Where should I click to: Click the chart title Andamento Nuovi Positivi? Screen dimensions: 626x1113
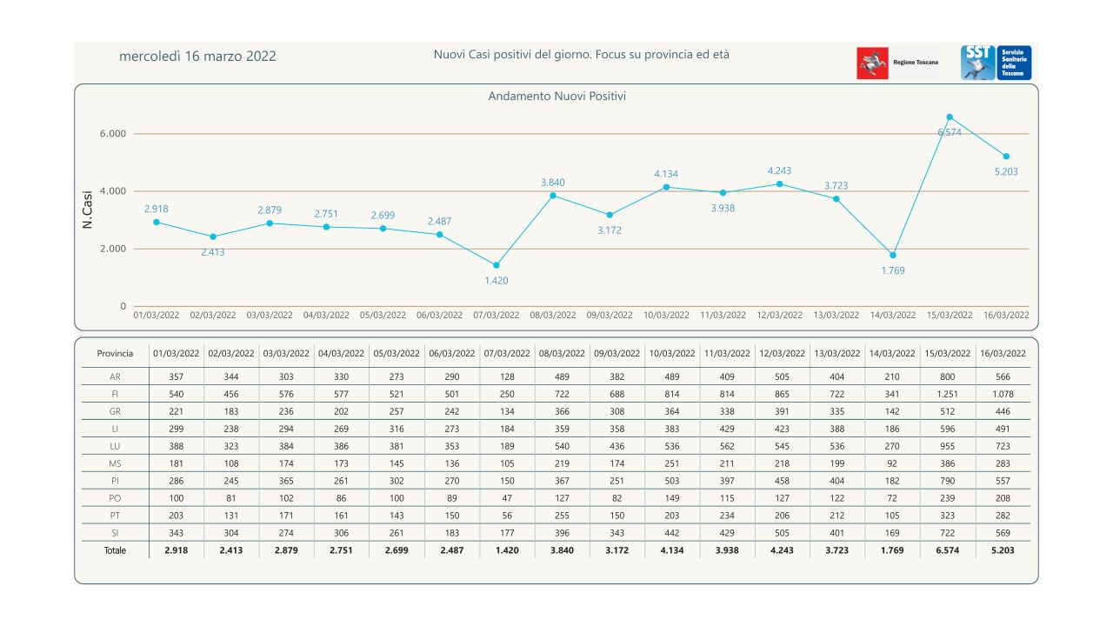(556, 97)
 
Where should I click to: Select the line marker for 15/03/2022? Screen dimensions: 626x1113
(950, 117)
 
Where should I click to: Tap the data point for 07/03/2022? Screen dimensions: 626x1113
(497, 265)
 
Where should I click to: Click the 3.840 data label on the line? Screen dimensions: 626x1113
(553, 183)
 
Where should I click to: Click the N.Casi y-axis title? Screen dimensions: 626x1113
(88, 210)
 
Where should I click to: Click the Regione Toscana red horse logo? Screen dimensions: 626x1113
(872, 63)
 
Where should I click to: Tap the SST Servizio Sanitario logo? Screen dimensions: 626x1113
(996, 63)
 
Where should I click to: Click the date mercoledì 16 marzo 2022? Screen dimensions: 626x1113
(197, 57)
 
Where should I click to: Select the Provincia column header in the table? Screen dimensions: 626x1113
(115, 354)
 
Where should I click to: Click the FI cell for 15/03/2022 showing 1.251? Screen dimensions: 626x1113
(947, 394)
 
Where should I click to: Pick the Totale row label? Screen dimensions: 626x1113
(115, 550)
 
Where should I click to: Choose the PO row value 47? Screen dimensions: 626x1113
(507, 498)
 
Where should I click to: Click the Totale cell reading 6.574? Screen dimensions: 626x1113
(947, 550)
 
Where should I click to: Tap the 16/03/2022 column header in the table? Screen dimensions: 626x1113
(1003, 354)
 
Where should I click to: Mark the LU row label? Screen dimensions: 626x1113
(115, 446)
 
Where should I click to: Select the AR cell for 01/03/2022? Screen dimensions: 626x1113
(177, 376)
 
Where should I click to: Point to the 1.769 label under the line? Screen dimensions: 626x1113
(893, 270)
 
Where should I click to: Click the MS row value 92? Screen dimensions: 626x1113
(892, 463)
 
